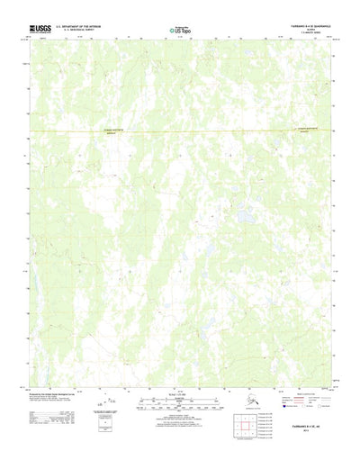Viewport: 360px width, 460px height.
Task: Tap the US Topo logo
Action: (x=180, y=32)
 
